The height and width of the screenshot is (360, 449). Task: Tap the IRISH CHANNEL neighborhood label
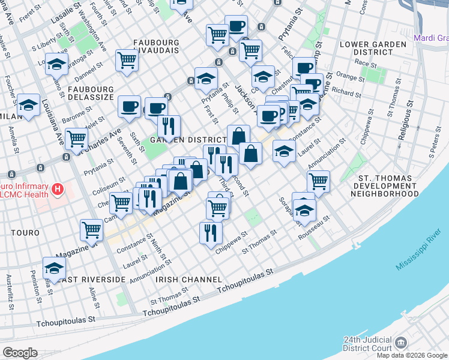pyautogui.click(x=181, y=280)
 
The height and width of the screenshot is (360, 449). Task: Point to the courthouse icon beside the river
pyautogui.click(x=401, y=342)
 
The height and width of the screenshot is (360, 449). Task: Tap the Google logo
pyautogui.click(x=20, y=353)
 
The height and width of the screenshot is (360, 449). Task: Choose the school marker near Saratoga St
pyautogui.click(x=56, y=64)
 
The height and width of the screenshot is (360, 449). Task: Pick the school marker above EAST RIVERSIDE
pyautogui.click(x=54, y=268)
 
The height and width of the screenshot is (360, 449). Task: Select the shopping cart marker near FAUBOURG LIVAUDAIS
pyautogui.click(x=127, y=60)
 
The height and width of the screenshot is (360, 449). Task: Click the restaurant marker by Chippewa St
pyautogui.click(x=211, y=232)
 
